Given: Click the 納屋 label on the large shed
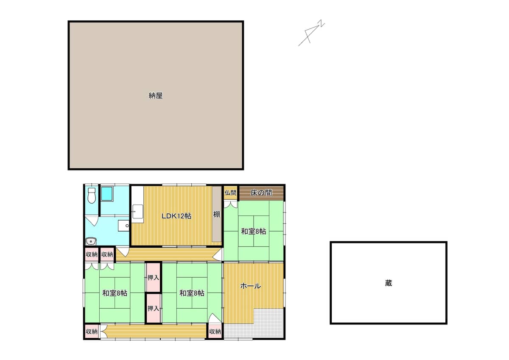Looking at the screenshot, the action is (x=156, y=95).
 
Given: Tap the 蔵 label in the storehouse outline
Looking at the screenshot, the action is (x=389, y=283).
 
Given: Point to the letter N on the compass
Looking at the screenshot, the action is (x=322, y=23).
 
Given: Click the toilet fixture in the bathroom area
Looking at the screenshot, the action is (x=92, y=195).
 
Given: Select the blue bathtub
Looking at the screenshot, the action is (x=107, y=194).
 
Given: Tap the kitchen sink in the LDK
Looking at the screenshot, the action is (x=138, y=212).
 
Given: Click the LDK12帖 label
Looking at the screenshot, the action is (x=176, y=216).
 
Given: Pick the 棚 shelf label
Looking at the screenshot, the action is (x=217, y=214).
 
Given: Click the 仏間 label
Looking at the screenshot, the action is (x=230, y=193).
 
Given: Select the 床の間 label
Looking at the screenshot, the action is (x=261, y=193).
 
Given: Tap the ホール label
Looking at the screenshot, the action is (x=250, y=286).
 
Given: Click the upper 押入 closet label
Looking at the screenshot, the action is (x=153, y=277).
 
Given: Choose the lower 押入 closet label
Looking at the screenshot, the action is (x=153, y=308).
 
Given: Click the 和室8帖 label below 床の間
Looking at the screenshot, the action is (x=253, y=232).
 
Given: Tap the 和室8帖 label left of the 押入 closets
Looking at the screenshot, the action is (x=115, y=293).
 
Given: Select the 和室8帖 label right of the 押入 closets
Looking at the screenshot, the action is (x=192, y=293).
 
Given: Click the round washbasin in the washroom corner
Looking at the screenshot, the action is (x=91, y=241).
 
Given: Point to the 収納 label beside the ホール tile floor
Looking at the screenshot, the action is (x=215, y=332).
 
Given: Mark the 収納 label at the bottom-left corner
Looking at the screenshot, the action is (x=92, y=332).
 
